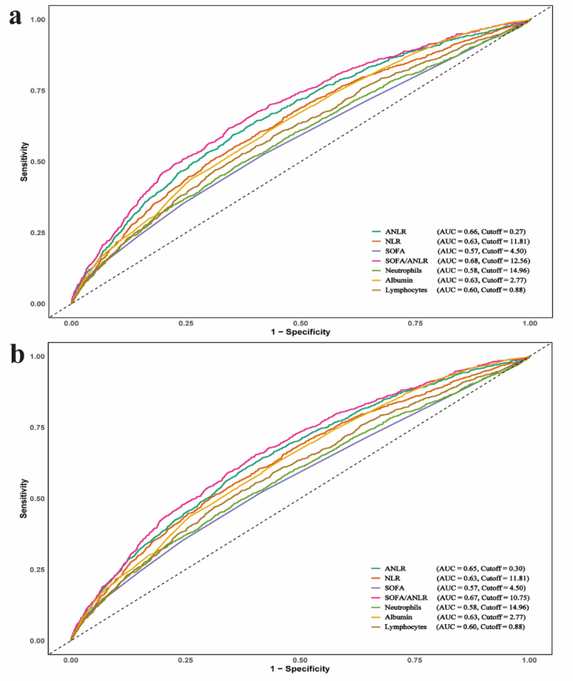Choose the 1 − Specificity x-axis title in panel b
click(300, 668)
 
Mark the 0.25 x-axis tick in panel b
click(186, 658)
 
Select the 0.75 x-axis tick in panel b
click(415, 658)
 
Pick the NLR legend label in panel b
click(391, 578)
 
